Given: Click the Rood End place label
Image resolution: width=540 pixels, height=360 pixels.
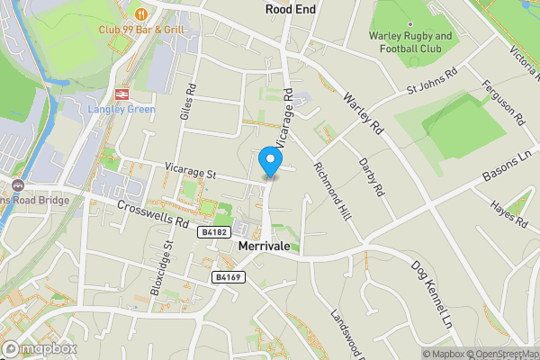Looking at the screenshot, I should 289,9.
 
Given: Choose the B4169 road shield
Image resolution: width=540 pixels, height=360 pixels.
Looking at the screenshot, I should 226,278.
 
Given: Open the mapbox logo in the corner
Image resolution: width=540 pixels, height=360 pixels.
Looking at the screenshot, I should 40,348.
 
